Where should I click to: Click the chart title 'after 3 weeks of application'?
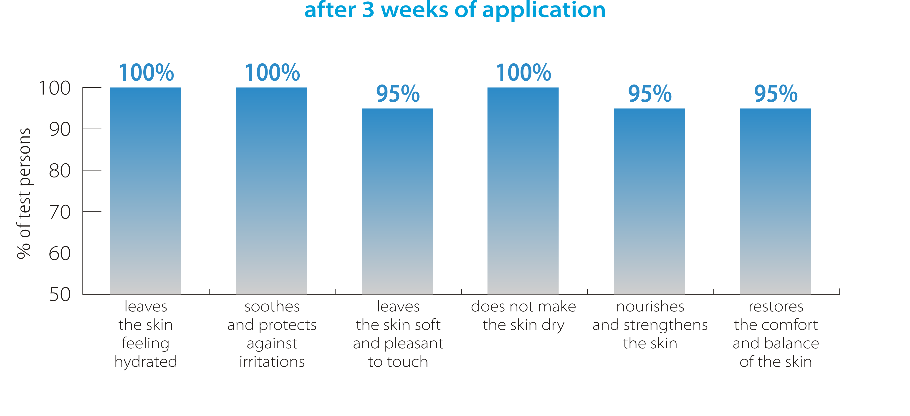point(455,10)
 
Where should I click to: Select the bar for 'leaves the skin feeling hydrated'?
point(146,191)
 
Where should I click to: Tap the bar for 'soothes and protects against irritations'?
point(272,191)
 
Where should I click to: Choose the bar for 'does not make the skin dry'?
point(523,191)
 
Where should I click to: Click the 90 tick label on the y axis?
point(60,129)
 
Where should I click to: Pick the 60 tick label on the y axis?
point(60,253)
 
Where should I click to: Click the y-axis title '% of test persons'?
point(24,193)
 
